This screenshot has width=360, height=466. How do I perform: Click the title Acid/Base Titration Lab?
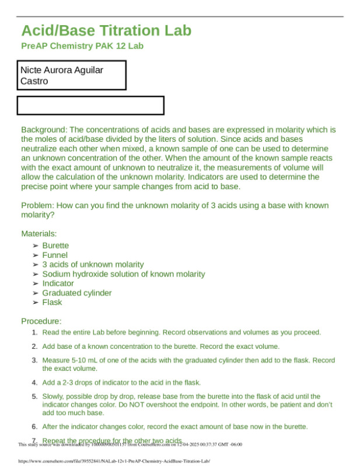coord(106,30)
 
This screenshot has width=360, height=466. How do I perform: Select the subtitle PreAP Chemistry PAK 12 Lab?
coord(82,46)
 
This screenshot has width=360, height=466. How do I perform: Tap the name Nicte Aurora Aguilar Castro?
coord(62,75)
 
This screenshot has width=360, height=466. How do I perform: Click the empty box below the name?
coord(90,106)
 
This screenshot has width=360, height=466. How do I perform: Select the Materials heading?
coord(39,234)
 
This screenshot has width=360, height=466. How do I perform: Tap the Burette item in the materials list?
coord(55,246)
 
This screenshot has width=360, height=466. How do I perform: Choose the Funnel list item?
coord(54,255)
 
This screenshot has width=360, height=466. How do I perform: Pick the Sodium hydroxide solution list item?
coord(123,274)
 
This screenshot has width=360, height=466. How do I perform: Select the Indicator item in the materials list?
coord(58,283)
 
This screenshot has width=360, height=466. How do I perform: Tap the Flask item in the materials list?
coord(52,302)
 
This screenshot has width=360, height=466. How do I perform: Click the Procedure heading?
coord(41,321)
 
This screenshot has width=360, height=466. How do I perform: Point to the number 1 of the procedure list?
coord(34,332)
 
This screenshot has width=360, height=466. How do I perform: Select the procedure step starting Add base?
coord(160,346)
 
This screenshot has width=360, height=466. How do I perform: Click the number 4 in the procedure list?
coord(34,383)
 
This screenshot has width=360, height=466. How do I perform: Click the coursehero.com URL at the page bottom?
coord(114,461)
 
